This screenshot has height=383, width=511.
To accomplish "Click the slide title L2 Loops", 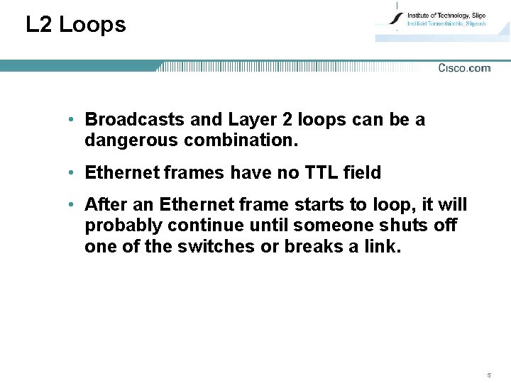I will (76, 25).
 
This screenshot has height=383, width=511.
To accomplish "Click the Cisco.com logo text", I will (464, 68).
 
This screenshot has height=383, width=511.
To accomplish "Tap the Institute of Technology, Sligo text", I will (446, 16).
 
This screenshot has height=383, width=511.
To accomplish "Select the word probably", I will (121, 226).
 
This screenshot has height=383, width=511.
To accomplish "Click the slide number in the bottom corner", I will (489, 374).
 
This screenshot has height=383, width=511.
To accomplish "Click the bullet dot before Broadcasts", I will (72, 120).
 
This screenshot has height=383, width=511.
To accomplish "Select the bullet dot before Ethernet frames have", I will (72, 172).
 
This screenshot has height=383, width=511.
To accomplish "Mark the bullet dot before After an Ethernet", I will (72, 205).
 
